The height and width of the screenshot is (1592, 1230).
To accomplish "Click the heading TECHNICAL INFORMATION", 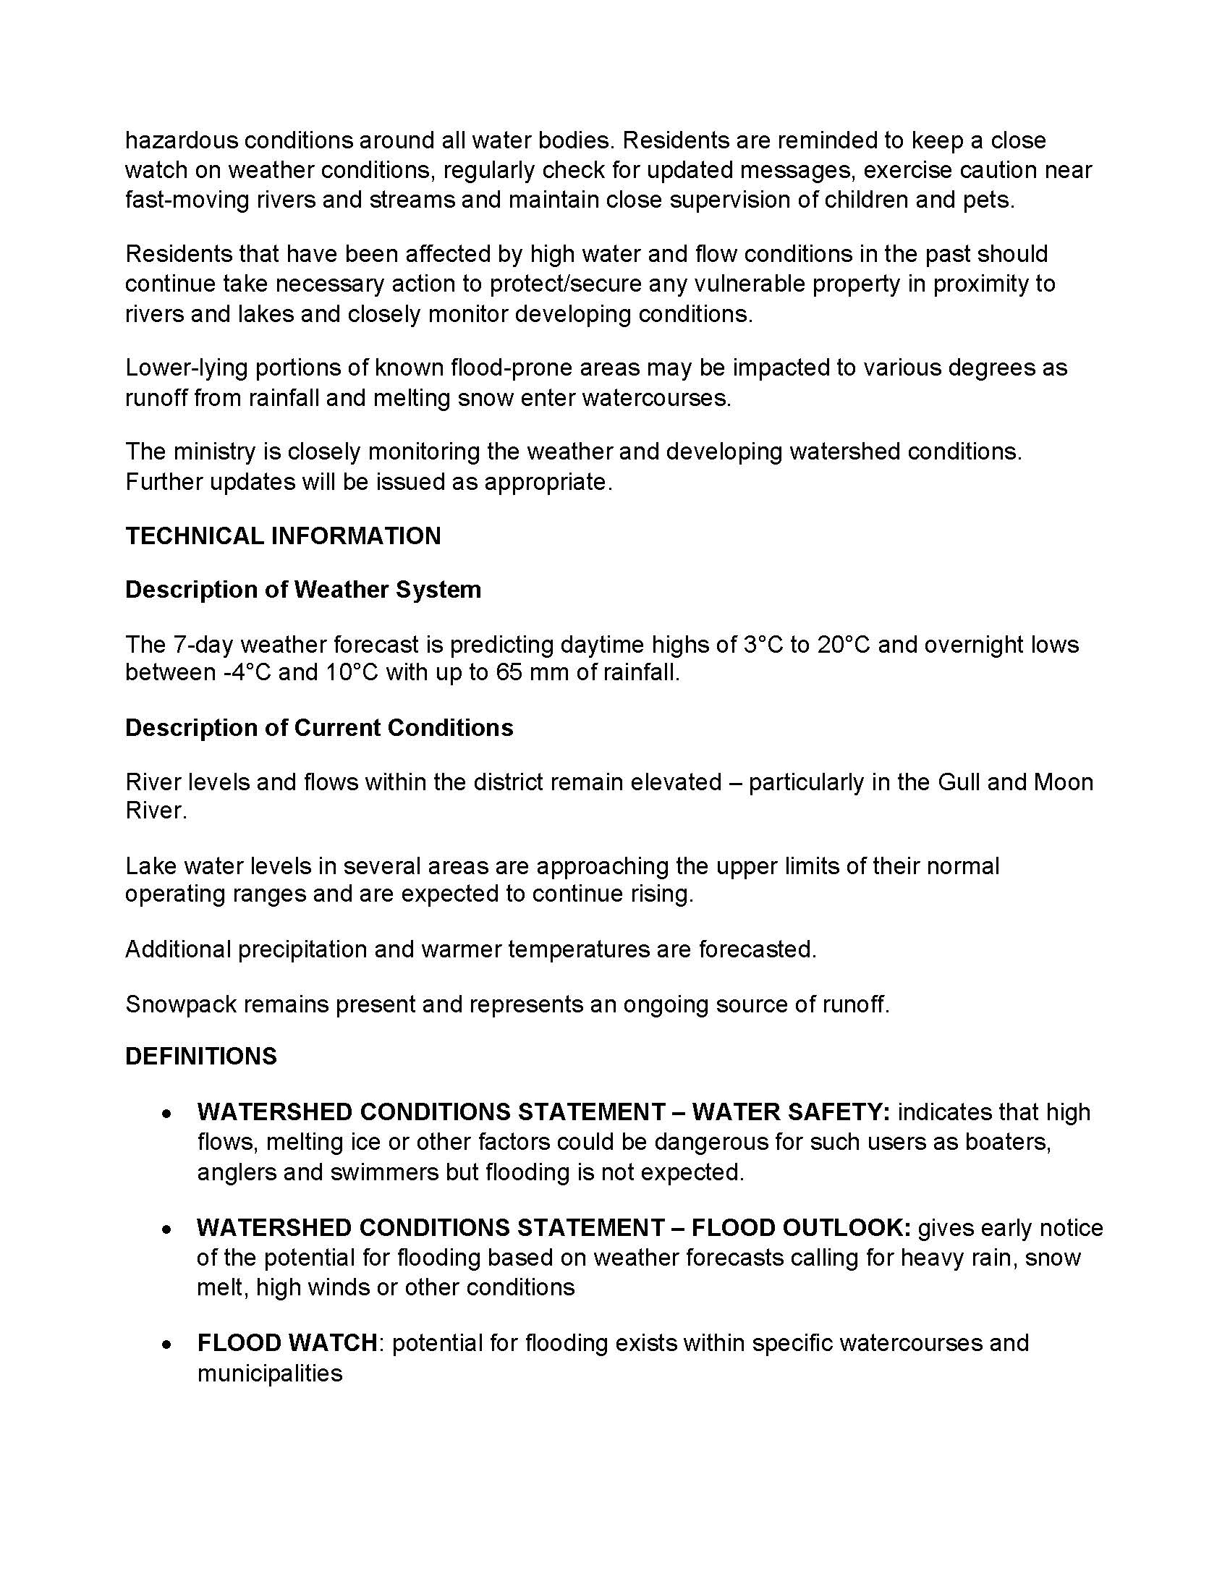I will coord(283,535).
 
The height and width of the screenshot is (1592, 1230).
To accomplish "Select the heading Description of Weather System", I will coord(303,589).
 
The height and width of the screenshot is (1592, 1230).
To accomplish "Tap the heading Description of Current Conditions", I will coord(319,727).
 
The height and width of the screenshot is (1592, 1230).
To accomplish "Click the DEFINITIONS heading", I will coord(201,1057).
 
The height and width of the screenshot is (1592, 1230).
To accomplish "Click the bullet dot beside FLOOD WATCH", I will coord(168,1345).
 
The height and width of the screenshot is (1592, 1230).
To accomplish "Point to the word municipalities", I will coord(270,1373).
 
